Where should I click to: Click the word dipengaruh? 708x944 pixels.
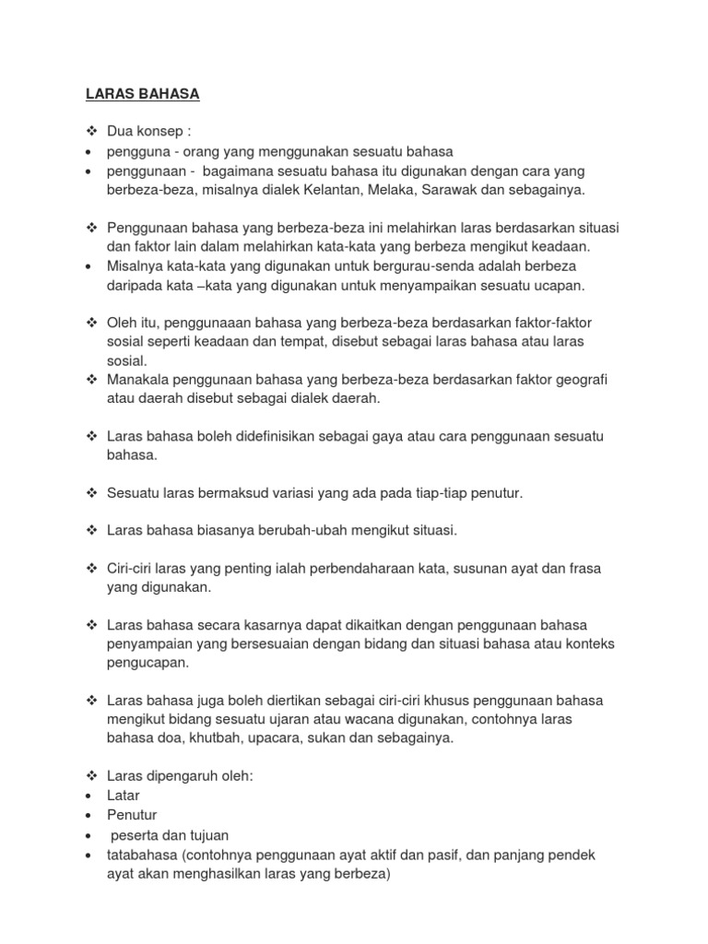pos(183,776)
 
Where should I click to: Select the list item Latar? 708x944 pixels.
pos(124,796)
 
